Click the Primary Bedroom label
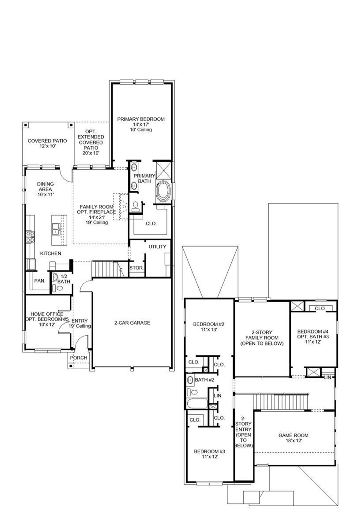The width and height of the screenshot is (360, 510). tap(141, 119)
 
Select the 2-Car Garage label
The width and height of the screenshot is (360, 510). tap(132, 323)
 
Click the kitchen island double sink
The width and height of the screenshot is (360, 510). tap(56, 229)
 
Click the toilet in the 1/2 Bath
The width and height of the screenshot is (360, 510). tap(60, 288)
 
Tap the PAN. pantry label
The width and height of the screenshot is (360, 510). tap(40, 281)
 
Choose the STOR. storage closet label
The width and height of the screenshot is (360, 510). tap(136, 268)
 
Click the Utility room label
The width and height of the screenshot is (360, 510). tap(157, 247)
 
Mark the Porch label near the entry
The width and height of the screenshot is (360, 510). tap(78, 358)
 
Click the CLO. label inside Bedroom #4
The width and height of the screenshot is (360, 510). tap(320, 308)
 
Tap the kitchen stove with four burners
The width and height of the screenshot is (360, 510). tap(30, 236)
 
